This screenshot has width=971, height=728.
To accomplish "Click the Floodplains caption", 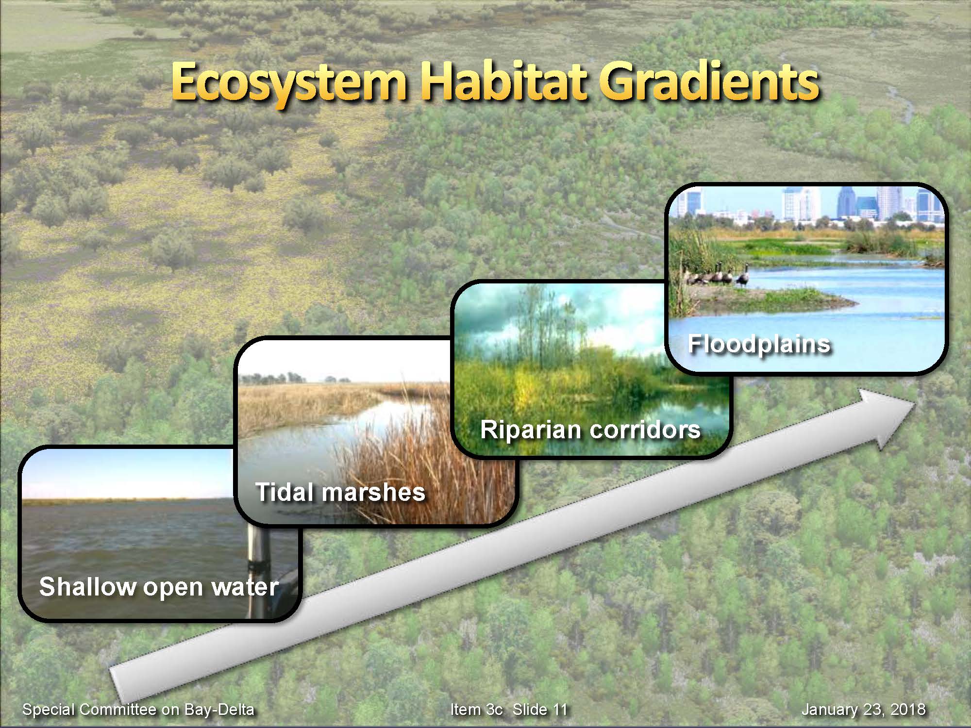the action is pos(759,345).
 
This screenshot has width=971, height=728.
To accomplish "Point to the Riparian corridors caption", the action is pos(590,430).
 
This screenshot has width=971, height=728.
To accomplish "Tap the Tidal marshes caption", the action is pos(340,492).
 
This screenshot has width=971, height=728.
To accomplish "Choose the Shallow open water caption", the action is pos(159,587).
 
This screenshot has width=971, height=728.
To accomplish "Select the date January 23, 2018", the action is pos(863,710).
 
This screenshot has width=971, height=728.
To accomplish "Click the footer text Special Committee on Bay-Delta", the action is pos(138,710).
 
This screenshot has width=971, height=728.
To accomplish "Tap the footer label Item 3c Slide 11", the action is pos(509,710).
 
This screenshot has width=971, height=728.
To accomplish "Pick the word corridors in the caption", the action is pos(646,430).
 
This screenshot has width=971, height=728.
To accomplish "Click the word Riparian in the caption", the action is pos(532,430).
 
